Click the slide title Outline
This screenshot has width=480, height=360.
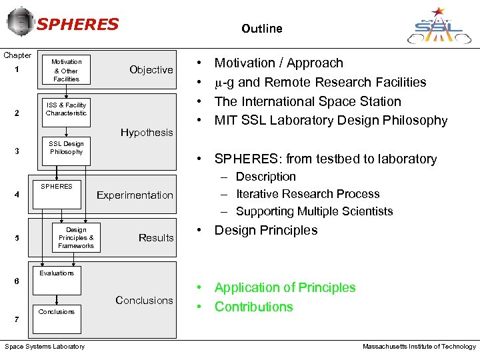pyautogui.click(x=262, y=29)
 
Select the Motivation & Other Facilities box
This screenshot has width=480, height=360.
pyautogui.click(x=66, y=71)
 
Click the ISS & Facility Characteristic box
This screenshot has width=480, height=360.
pyautogui.click(x=66, y=109)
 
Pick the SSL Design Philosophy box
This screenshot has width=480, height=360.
pyautogui.click(x=66, y=147)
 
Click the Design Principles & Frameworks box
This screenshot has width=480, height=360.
pyautogui.click(x=76, y=238)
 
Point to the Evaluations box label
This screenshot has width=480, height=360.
pyautogui.click(x=57, y=273)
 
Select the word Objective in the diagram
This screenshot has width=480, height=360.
pyautogui.click(x=151, y=70)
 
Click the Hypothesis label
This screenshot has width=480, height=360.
pyautogui.click(x=147, y=133)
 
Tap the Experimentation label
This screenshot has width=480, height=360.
pyautogui.click(x=135, y=195)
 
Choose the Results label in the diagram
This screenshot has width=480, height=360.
pyautogui.click(x=156, y=238)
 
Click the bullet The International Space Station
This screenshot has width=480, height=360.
pyautogui.click(x=307, y=101)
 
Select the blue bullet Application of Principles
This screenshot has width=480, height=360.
pyautogui.click(x=285, y=288)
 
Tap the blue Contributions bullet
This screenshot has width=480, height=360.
pyautogui.click(x=253, y=307)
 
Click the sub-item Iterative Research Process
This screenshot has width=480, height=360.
pyautogui.click(x=307, y=194)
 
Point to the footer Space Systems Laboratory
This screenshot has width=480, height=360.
pyautogui.click(x=45, y=347)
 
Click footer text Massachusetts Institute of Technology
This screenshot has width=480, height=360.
pyautogui.click(x=419, y=347)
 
